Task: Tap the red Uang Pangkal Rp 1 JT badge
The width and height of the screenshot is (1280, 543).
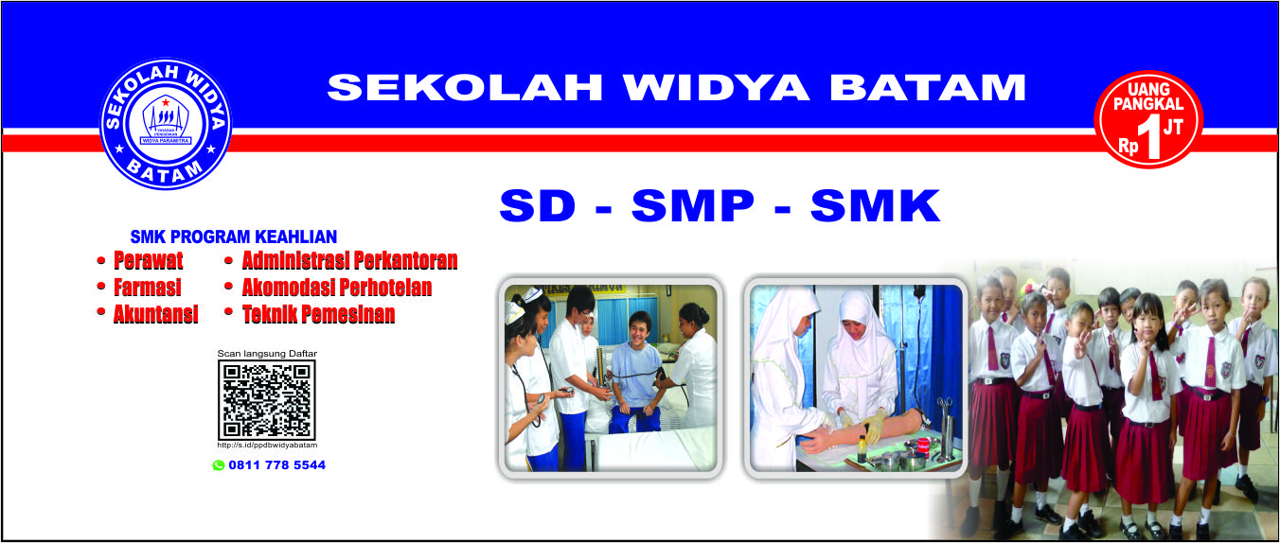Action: (x=1147, y=119)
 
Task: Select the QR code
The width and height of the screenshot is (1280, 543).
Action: (x=267, y=400)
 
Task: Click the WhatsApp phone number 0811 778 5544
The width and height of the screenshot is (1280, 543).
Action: (x=276, y=465)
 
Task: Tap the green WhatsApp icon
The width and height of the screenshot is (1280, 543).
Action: (x=219, y=465)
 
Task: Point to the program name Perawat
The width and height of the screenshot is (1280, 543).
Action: (x=149, y=260)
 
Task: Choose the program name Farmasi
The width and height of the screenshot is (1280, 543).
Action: (x=147, y=288)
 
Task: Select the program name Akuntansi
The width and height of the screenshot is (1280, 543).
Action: (x=155, y=315)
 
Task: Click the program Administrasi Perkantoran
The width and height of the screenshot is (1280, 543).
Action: (x=349, y=260)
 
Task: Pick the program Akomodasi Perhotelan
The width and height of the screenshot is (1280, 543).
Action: (x=336, y=288)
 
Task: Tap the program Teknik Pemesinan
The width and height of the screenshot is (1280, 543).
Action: (x=318, y=315)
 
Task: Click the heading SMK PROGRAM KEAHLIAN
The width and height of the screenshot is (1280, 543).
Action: (x=233, y=236)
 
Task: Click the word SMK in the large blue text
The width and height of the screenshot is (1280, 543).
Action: (x=875, y=206)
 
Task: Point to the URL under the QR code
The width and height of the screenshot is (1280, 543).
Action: (x=267, y=445)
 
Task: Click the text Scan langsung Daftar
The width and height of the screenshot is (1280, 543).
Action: (x=267, y=354)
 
